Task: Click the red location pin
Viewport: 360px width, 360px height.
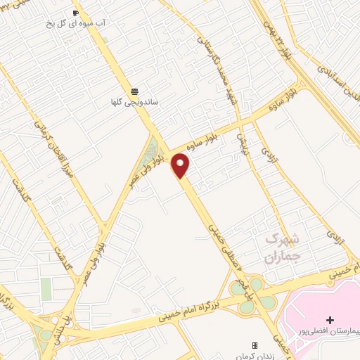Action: tap(181, 165)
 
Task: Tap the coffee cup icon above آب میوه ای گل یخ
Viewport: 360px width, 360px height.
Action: tap(76, 13)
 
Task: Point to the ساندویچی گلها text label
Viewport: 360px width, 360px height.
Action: tap(134, 103)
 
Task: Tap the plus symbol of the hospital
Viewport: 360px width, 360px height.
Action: tap(330, 321)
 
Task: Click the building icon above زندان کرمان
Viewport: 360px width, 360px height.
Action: tap(255, 345)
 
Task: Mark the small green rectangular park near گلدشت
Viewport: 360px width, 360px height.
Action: tap(46, 289)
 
